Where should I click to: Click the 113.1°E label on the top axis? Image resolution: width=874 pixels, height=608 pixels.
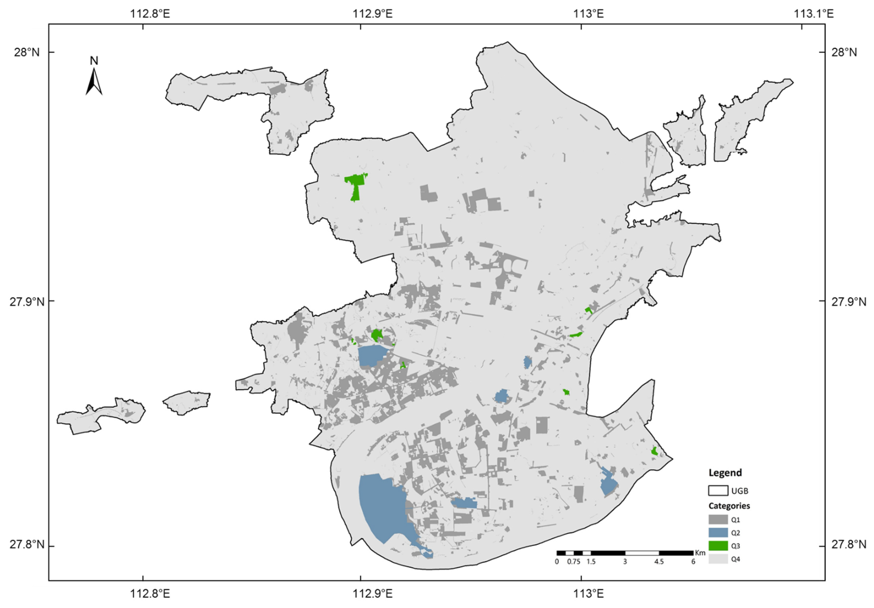click(x=813, y=14)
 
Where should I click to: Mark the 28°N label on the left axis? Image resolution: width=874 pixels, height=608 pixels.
click(x=27, y=52)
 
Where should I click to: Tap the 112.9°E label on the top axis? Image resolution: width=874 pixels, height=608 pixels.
click(x=372, y=14)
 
